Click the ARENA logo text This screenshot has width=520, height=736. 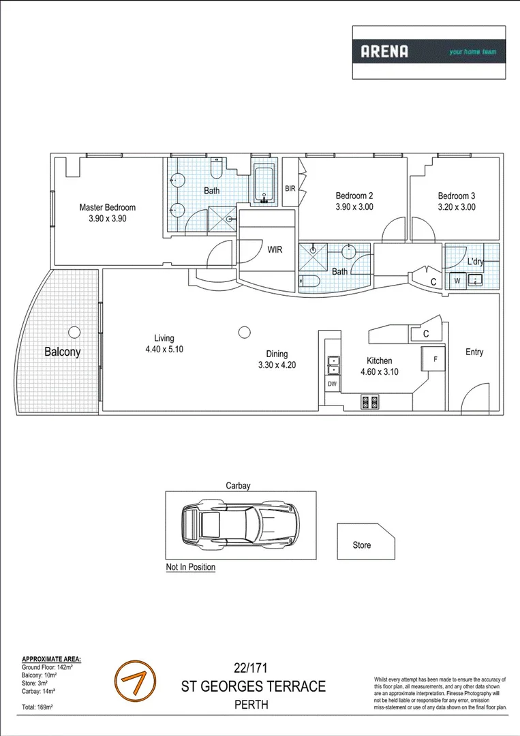click(384, 51)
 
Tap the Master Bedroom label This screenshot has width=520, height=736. click(107, 208)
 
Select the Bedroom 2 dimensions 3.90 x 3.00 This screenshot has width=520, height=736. click(354, 207)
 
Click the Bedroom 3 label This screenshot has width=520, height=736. click(456, 196)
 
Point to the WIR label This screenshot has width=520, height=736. click(275, 249)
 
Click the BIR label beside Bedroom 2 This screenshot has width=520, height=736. click(290, 189)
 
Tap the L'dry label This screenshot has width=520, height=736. click(475, 262)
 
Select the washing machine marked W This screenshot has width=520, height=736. click(457, 280)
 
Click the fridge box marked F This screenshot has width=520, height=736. click(435, 358)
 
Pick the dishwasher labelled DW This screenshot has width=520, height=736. click(332, 384)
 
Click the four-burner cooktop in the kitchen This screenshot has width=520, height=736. click(369, 402)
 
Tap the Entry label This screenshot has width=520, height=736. click(474, 352)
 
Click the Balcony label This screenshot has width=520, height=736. click(62, 352)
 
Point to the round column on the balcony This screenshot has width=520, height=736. click(73, 332)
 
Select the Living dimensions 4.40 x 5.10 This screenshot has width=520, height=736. click(164, 349)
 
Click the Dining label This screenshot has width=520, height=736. click(277, 354)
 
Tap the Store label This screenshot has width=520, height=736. click(362, 545)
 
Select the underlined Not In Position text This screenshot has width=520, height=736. click(191, 567)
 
